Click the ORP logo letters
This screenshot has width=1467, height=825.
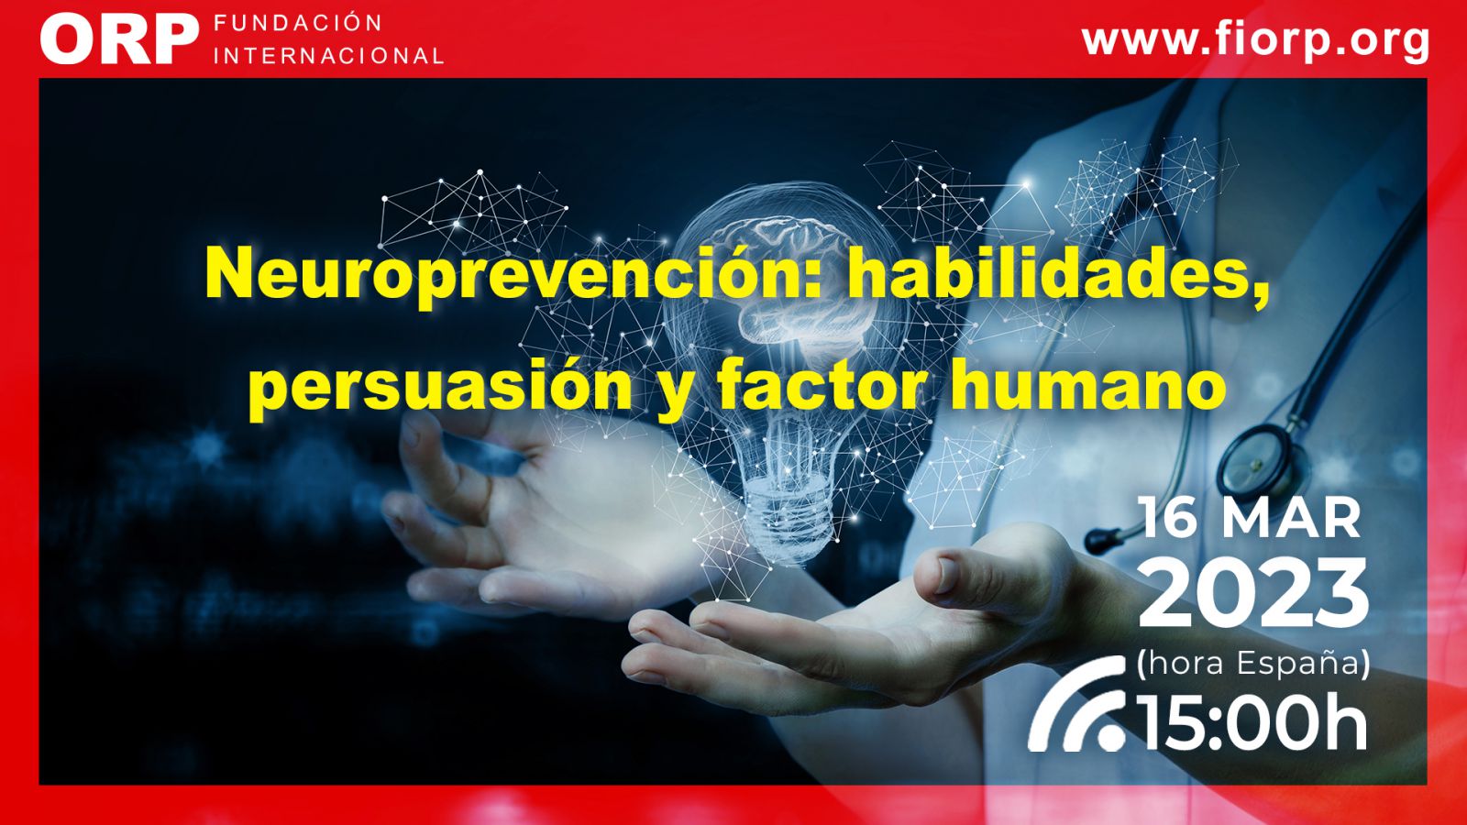[119, 39]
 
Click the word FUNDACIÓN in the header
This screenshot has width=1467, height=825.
[298, 24]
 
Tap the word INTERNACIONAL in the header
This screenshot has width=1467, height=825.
[329, 56]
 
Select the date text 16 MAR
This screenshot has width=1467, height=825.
[1251, 519]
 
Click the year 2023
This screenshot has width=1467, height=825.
[1253, 593]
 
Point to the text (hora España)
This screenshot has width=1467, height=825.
[1253, 664]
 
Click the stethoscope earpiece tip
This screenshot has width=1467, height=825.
[1096, 541]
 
